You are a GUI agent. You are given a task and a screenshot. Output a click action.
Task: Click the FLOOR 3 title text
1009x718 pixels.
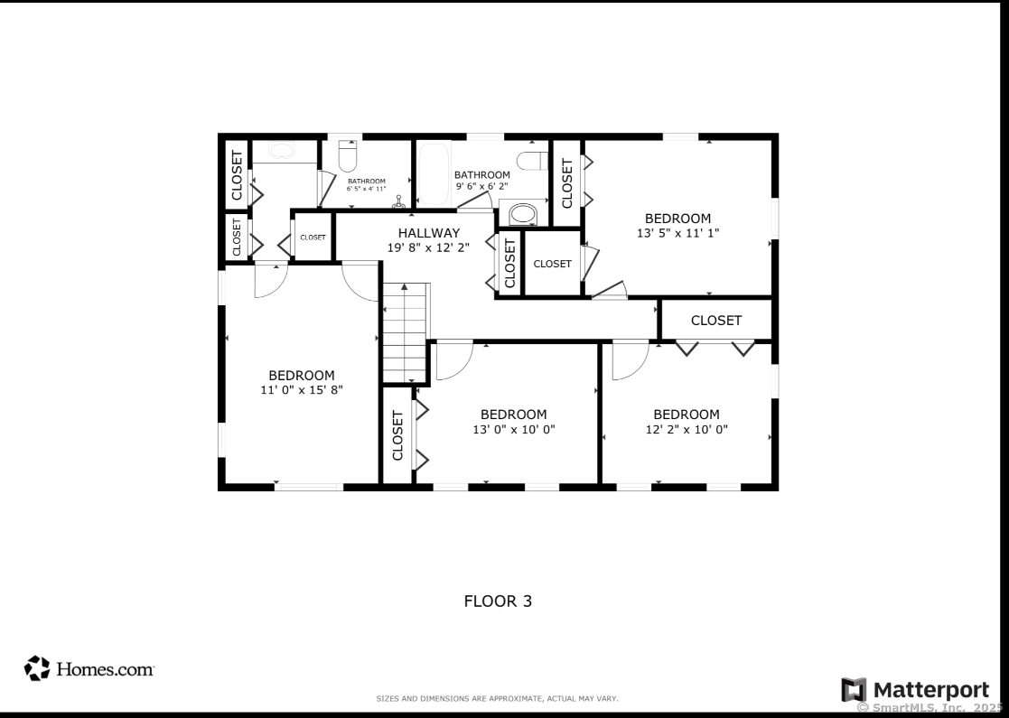498,601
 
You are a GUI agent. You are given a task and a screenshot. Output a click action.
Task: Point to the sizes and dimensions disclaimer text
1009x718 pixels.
497,699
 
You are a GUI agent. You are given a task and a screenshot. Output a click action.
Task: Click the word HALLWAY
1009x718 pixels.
429,233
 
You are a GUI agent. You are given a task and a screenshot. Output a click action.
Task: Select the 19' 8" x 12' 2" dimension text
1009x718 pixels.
429,247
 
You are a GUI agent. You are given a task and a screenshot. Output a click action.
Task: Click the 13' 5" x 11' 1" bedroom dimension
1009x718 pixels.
677,232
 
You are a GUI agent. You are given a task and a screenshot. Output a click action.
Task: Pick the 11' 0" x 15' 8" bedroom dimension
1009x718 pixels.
301,389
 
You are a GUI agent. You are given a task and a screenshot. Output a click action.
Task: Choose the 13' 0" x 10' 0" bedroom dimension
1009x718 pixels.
513,429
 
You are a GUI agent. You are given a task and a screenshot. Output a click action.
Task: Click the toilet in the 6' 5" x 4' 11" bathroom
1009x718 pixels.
349,157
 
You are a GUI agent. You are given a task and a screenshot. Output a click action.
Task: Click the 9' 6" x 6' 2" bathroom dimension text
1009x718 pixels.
482,186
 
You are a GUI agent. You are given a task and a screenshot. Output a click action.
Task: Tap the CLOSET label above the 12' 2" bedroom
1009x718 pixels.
716,320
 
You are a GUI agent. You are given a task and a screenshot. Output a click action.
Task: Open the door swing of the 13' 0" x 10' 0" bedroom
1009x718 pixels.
451,360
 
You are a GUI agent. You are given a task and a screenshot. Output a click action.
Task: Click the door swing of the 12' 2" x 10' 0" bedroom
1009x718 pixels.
628,360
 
